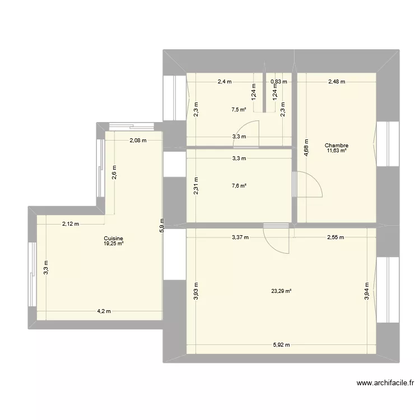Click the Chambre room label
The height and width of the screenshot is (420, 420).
coord(336,146)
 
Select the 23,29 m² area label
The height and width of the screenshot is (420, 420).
coord(281,291)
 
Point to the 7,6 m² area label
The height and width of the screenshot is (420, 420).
coord(239,186)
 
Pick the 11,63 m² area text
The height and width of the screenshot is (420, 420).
coord(336,151)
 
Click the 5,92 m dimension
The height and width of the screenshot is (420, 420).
coord(281,344)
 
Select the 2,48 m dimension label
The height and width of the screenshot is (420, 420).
coord(337,82)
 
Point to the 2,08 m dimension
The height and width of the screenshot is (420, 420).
coord(138,141)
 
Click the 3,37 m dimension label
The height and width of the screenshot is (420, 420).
coord(241,237)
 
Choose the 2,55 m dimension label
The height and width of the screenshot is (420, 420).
coord(336,237)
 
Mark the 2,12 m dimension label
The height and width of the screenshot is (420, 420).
coord(71,224)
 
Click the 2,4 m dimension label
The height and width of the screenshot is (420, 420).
coord(225,82)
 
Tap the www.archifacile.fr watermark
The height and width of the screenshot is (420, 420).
coord(385,384)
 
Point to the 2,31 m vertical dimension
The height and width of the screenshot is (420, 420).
coord(195,185)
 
